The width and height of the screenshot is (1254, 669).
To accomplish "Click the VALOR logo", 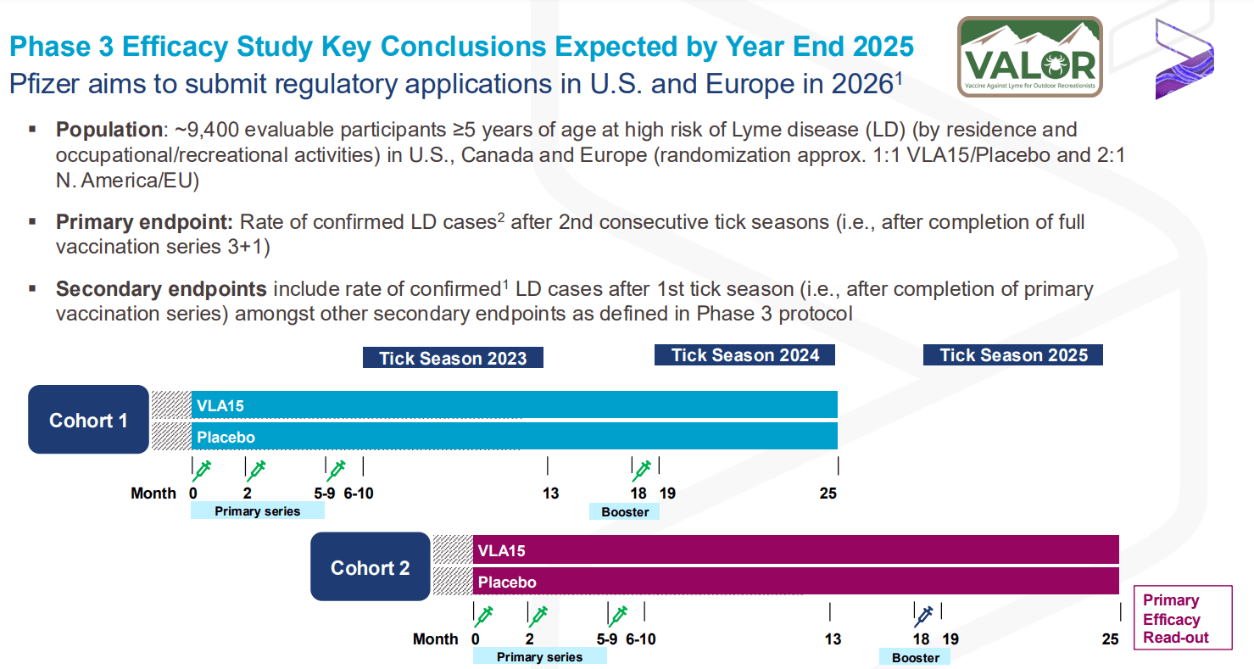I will (1029, 56).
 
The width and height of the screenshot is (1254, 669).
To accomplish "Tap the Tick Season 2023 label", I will (453, 358).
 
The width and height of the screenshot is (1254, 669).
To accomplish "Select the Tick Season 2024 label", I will (744, 354).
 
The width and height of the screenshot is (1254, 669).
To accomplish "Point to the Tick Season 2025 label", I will (1012, 354).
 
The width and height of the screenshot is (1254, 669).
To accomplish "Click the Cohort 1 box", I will (88, 421).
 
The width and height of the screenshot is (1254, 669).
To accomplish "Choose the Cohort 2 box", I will (370, 568).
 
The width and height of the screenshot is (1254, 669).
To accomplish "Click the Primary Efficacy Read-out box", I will (1182, 619).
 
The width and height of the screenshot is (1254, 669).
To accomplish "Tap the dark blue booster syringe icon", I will (923, 614).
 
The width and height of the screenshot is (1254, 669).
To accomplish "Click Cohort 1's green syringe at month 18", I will (642, 469).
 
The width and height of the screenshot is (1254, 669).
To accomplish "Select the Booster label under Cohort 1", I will (625, 511).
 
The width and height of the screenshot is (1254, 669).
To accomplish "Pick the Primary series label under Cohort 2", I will (539, 657).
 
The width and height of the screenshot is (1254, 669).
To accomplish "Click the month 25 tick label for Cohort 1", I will (828, 493).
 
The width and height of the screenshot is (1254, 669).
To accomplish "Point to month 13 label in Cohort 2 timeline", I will (833, 639).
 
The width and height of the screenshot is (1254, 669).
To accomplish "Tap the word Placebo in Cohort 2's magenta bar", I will (507, 583).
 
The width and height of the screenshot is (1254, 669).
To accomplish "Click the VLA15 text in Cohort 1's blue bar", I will (220, 406).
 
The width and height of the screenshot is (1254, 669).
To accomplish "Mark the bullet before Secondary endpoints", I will (32, 288).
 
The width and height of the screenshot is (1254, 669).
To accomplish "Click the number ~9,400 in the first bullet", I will (203, 130).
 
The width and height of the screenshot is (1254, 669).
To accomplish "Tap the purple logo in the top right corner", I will (1184, 58).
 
